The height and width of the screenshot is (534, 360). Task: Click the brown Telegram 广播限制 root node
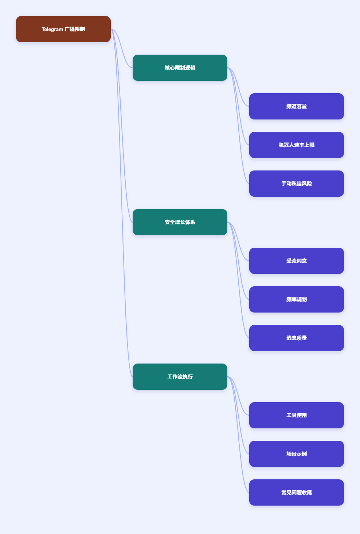point(63,29)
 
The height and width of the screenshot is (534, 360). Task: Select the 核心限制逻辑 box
point(180,68)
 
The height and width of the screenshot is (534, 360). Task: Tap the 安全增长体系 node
point(180,222)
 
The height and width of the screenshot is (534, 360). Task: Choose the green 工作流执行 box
point(180,377)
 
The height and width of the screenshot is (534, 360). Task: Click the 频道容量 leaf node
point(296,106)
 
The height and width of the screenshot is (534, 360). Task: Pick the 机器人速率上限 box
point(296,145)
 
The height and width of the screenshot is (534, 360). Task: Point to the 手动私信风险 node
point(296,184)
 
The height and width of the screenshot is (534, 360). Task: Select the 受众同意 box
point(296,261)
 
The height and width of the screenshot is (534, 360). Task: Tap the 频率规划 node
point(296,299)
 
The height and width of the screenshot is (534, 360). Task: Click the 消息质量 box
point(296,338)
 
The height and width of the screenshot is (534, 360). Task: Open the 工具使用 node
point(296,415)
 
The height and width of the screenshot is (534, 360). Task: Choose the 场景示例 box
point(296,454)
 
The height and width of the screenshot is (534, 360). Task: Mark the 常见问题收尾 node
point(296,492)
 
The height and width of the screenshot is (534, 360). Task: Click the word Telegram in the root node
point(52,29)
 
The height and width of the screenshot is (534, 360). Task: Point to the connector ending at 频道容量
point(238,87)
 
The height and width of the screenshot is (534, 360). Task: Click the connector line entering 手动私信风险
point(238,126)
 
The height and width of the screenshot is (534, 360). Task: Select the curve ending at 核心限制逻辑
point(122,48)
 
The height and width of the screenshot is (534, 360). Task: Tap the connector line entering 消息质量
point(238,280)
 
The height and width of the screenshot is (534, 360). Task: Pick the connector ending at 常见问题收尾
point(238,435)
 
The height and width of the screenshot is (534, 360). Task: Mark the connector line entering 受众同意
point(238,242)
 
